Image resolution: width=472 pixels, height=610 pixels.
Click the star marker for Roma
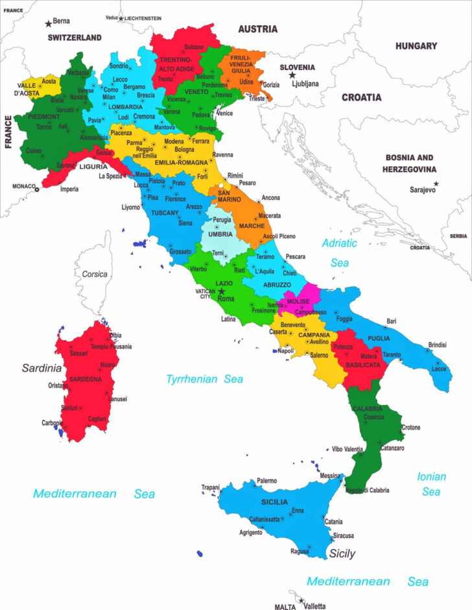click(x=221, y=291)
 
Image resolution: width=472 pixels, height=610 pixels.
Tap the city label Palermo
click(x=266, y=481)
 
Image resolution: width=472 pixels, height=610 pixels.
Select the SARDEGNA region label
click(x=84, y=378)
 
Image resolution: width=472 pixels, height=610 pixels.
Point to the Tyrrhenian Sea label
click(x=204, y=379)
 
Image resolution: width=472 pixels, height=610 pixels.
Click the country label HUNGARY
click(x=416, y=46)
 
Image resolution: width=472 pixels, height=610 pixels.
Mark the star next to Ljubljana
click(x=292, y=75)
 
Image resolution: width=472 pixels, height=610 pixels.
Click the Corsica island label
click(x=95, y=274)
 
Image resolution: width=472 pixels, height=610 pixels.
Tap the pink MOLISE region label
click(x=298, y=302)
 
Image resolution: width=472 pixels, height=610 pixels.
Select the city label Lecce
click(x=439, y=369)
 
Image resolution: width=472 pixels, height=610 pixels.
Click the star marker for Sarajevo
click(x=436, y=184)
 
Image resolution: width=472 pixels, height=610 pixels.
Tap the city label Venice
click(x=224, y=114)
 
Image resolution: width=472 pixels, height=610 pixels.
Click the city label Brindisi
click(x=438, y=345)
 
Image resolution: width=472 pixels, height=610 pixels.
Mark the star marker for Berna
click(x=49, y=24)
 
